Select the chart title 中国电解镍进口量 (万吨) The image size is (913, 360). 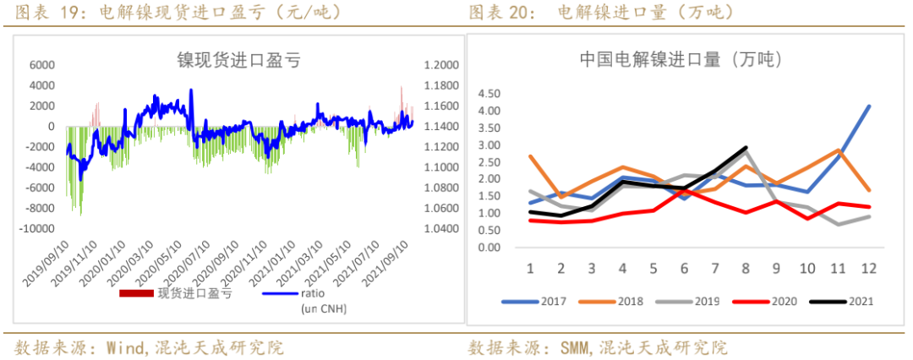(x=681, y=59)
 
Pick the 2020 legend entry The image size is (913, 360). (x=780, y=300)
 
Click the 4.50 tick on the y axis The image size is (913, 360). (x=489, y=94)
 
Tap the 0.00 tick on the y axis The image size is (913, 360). (x=489, y=248)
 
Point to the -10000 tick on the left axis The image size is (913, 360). (x=37, y=229)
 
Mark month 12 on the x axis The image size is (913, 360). (x=868, y=268)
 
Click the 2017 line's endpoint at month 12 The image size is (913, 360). (x=869, y=106)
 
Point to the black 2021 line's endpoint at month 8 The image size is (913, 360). (x=746, y=148)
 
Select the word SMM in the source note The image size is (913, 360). (x=576, y=347)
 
